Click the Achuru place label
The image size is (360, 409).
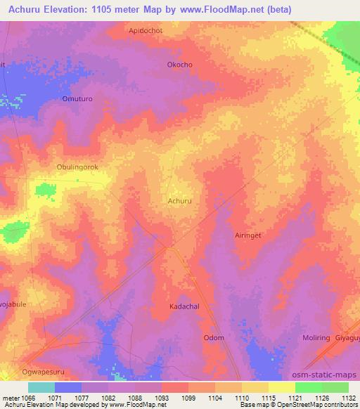[179, 201]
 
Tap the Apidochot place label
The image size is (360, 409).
[146, 31]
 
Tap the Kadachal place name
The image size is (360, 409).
[185, 307]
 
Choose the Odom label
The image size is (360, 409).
[214, 338]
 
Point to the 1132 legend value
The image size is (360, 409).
[345, 397]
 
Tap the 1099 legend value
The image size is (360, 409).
[189, 397]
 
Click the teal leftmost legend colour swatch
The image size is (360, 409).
[41, 387]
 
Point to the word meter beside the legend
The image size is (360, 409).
[12, 397]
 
